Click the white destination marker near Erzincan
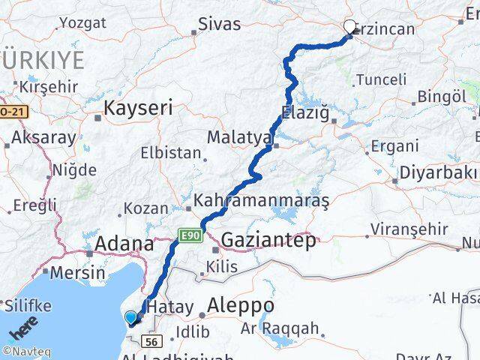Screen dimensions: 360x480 pyautogui.click(x=349, y=28)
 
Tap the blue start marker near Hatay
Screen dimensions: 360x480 pyautogui.click(x=131, y=317)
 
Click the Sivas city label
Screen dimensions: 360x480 pyautogui.click(x=220, y=24)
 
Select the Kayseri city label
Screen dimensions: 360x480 pyautogui.click(x=138, y=108)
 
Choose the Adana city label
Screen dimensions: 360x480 pyautogui.click(x=124, y=244)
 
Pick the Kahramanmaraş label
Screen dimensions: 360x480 pyautogui.click(x=261, y=201)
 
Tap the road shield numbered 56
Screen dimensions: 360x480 pyautogui.click(x=151, y=341)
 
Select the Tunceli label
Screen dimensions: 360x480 pyautogui.click(x=381, y=79)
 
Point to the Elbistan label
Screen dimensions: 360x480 pyautogui.click(x=171, y=152)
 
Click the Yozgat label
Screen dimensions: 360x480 pyautogui.click(x=82, y=22)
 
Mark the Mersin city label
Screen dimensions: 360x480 pyautogui.click(x=79, y=272)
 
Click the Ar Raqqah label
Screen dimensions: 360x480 pyautogui.click(x=280, y=328)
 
